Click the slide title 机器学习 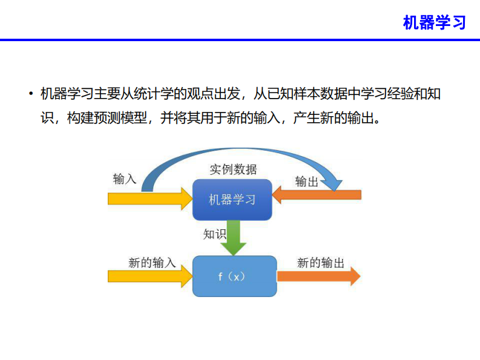pos(434,22)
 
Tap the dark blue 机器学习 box pos(232,200)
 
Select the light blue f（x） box pos(234,276)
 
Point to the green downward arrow pos(233,238)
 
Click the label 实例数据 pos(233,169)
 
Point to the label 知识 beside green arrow pos(215,234)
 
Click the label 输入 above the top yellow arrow pos(125,179)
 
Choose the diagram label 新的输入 pos(152,263)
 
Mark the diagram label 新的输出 pos(321,263)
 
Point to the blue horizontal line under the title pos(240,40)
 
